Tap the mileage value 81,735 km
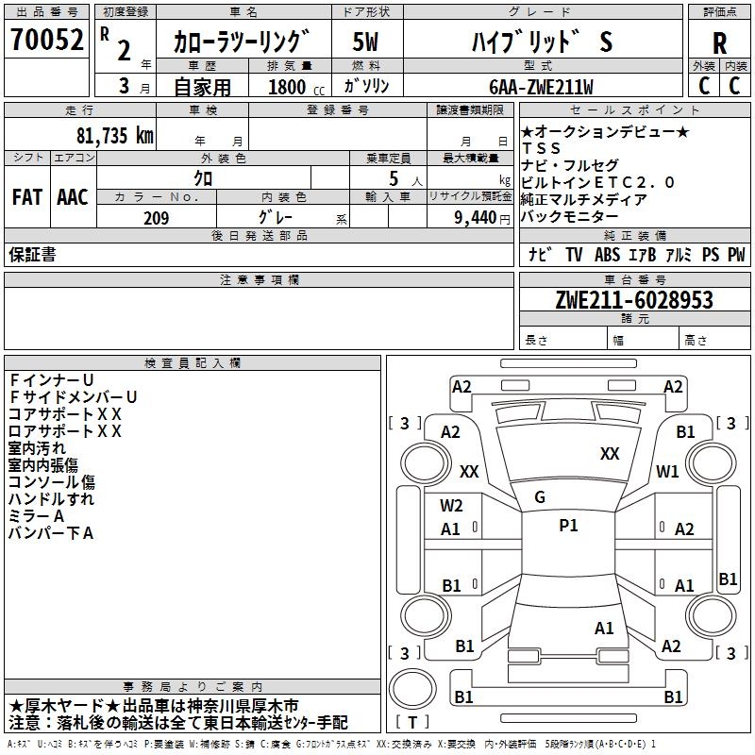[114, 135]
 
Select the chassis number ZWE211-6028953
[633, 300]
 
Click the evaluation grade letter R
[719, 42]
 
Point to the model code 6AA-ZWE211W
[542, 87]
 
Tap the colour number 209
[156, 218]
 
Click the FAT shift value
[26, 197]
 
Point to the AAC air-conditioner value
[73, 197]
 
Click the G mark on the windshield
[540, 497]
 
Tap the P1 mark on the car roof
[568, 526]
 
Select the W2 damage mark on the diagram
[451, 506]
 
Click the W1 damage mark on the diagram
[668, 471]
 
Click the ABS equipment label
[608, 255]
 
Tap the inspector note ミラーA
[37, 515]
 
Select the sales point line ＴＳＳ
[541, 148]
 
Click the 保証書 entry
[32, 255]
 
